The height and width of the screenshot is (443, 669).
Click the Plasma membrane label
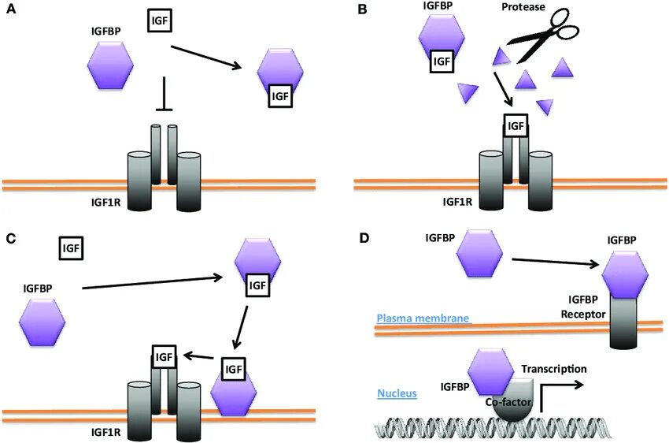click(x=423, y=318)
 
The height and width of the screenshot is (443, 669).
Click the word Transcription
click(x=555, y=368)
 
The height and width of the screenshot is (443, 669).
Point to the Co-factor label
click(x=508, y=401)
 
